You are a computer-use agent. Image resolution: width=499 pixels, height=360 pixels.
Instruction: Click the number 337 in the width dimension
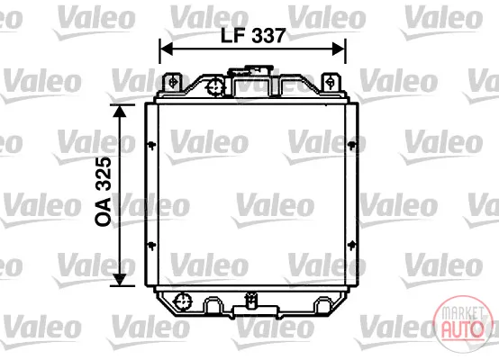click(268, 36)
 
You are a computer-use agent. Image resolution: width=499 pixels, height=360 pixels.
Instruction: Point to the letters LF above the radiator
click(232, 36)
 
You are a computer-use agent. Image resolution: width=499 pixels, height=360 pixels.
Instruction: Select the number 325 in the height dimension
click(104, 174)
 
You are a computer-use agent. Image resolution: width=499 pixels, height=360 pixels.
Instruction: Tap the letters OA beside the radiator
click(104, 211)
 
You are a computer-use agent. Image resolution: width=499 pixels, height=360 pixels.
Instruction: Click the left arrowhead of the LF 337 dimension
click(166, 49)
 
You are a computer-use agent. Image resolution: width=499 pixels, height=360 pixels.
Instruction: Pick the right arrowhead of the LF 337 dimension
click(339, 49)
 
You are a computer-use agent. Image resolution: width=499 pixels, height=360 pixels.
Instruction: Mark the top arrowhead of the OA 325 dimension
click(119, 111)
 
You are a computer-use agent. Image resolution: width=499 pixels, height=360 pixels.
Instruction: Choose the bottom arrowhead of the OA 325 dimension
click(119, 279)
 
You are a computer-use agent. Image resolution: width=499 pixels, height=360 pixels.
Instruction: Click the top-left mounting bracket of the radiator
click(172, 83)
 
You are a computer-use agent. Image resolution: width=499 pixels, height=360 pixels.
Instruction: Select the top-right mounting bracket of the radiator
click(331, 83)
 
